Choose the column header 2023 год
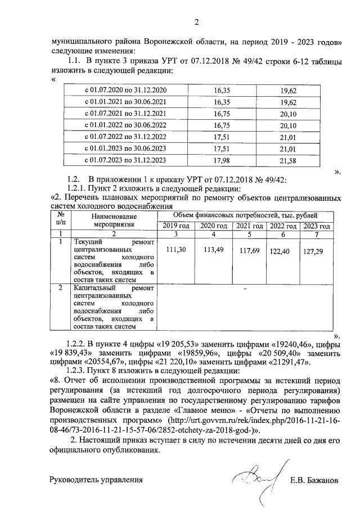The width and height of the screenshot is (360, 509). (315, 226)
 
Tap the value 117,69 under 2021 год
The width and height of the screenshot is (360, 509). (247, 251)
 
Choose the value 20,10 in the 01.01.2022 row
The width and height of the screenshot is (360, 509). (289, 125)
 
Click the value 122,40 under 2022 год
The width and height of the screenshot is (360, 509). (280, 251)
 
